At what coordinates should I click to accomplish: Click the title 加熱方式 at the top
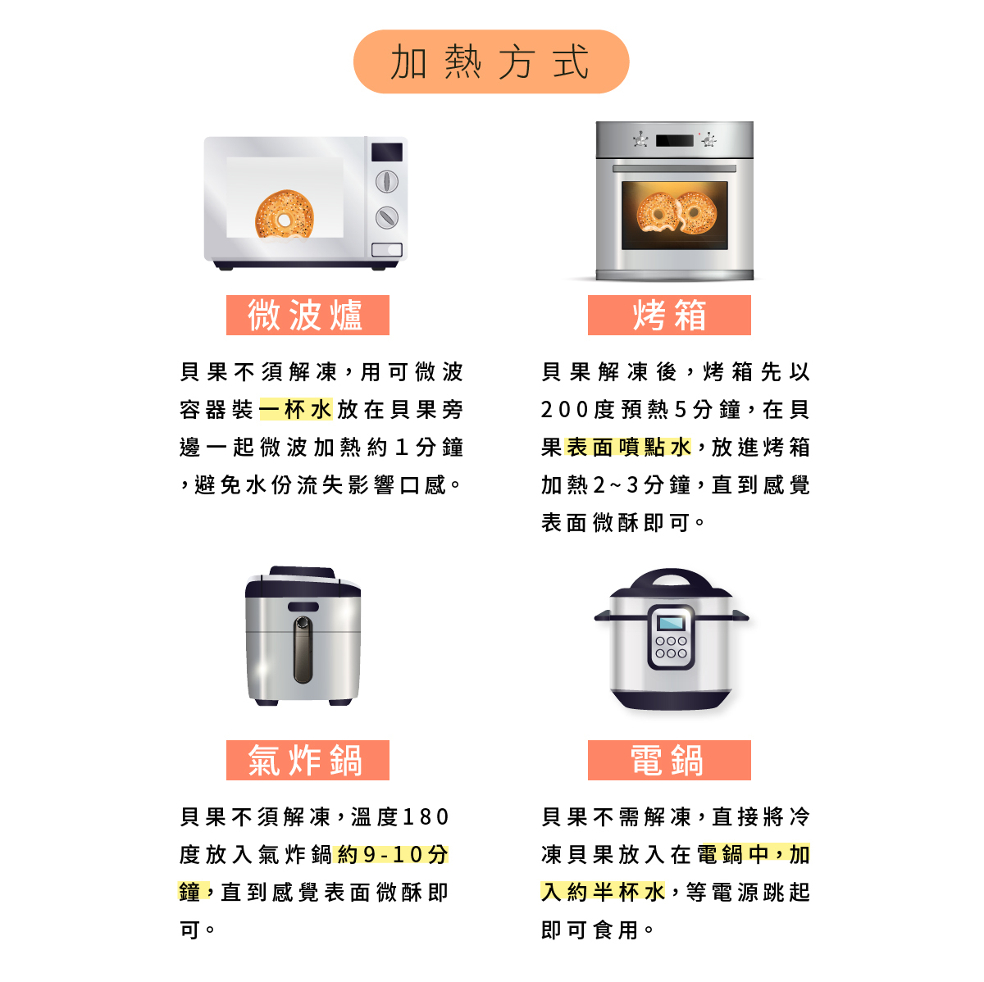click(x=490, y=62)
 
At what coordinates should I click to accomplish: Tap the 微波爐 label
click(x=307, y=316)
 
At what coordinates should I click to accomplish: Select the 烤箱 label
click(x=669, y=316)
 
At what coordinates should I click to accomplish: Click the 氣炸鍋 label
click(x=307, y=761)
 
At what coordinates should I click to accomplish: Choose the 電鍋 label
click(x=669, y=761)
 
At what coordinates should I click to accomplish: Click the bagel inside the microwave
click(x=284, y=215)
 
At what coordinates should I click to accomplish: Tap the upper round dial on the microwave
click(x=387, y=181)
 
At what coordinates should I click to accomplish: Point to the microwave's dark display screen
click(x=387, y=152)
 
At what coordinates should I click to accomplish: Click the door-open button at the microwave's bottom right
click(x=387, y=249)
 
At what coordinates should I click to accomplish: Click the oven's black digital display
click(x=675, y=140)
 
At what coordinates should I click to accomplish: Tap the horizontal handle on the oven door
click(x=674, y=169)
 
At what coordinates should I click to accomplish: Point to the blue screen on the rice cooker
click(x=671, y=622)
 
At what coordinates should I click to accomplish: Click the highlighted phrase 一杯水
click(x=296, y=410)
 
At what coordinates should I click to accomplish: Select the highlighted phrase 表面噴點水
click(x=629, y=448)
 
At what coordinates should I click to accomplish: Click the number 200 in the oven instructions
click(x=565, y=410)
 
